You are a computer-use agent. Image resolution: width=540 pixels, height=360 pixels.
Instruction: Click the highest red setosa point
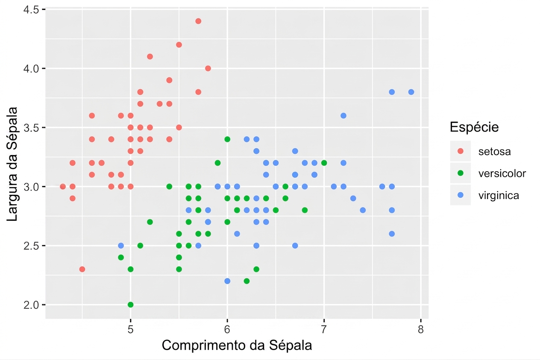(x=198, y=21)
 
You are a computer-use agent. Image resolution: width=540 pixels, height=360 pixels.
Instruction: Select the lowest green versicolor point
(x=130, y=304)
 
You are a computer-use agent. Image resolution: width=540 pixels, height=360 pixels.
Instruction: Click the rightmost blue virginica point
(x=411, y=92)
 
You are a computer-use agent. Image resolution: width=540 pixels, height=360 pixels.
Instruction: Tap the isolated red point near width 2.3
(x=82, y=269)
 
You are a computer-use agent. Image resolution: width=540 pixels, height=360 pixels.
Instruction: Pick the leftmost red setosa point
(x=63, y=186)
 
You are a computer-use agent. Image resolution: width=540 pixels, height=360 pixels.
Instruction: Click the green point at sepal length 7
(x=324, y=163)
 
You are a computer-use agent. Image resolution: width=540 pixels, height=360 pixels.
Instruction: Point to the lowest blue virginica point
(x=227, y=281)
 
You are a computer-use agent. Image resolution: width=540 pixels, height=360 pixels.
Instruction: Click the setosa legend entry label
(x=494, y=152)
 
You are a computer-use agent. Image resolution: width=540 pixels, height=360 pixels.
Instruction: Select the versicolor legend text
(x=502, y=173)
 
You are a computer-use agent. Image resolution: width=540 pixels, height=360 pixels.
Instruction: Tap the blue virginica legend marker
(x=460, y=195)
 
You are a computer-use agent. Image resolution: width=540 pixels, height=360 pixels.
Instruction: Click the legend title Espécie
(x=474, y=127)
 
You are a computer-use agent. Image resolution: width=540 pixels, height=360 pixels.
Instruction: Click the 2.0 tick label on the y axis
(x=31, y=305)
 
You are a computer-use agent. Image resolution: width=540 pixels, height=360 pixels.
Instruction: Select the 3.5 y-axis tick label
(x=31, y=127)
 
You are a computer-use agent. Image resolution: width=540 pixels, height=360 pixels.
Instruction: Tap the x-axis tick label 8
(x=420, y=330)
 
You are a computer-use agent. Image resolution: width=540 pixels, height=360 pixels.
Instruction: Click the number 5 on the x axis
(x=130, y=330)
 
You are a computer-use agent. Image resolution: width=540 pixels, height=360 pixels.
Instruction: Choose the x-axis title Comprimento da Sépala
(x=237, y=345)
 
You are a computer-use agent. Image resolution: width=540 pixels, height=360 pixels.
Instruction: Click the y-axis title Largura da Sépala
(x=12, y=164)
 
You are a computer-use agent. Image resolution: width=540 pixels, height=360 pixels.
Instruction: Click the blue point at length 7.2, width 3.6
(x=343, y=116)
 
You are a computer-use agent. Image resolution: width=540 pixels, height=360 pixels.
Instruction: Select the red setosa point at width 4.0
(x=208, y=68)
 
